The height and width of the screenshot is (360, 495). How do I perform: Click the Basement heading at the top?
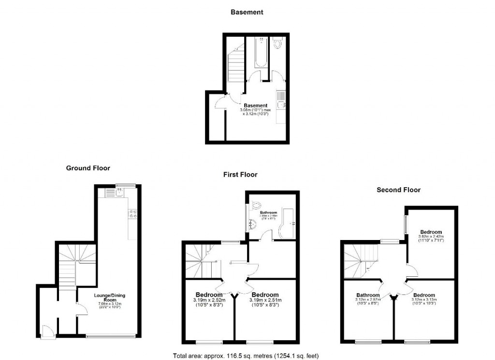[x=247, y=12]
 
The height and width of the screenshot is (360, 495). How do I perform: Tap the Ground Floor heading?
[x=88, y=168]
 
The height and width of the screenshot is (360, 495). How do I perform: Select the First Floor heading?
[x=240, y=174]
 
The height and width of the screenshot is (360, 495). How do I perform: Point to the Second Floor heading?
[x=398, y=190]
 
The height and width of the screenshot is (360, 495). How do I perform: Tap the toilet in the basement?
[x=277, y=45]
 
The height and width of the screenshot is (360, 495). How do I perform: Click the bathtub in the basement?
[x=261, y=53]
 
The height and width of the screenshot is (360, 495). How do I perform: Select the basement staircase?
[x=236, y=65]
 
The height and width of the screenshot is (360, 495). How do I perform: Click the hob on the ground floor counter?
[x=131, y=214]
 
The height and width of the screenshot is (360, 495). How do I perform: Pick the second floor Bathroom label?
[x=368, y=295]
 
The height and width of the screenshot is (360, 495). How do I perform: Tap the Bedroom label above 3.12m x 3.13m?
[x=424, y=295]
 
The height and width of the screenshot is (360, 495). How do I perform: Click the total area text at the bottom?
[x=246, y=356]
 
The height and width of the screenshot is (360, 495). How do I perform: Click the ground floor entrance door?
[x=47, y=332]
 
